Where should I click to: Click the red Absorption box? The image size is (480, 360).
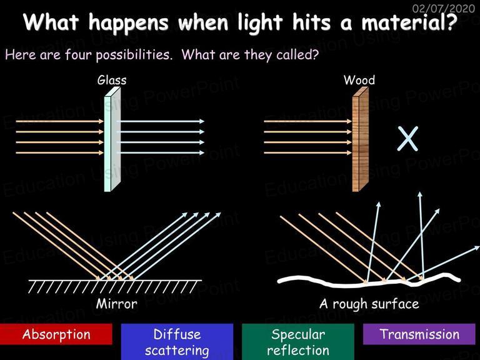pyautogui.click(x=56, y=334)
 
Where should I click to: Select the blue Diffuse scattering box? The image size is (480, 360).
pyautogui.click(x=177, y=342)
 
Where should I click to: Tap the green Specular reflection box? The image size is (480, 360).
pyautogui.click(x=298, y=342)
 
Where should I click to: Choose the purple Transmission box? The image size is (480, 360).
pyautogui.click(x=419, y=334)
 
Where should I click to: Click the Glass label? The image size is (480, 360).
pyautogui.click(x=112, y=80)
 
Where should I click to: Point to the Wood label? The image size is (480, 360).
pyautogui.click(x=359, y=80)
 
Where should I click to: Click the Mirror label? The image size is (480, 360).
pyautogui.click(x=117, y=304)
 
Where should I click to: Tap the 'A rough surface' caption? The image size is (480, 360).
pyautogui.click(x=369, y=304)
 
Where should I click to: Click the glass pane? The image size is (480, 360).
pyautogui.click(x=112, y=139)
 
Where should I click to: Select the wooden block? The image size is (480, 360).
pyautogui.click(x=360, y=139)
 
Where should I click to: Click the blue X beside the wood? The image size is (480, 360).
pyautogui.click(x=407, y=139)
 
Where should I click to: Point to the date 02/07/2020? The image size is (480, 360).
pyautogui.click(x=444, y=8)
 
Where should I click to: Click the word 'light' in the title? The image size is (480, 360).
pyautogui.click(x=260, y=22)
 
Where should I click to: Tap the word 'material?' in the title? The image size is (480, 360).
pyautogui.click(x=409, y=22)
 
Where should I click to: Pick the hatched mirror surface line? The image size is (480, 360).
pyautogui.click(x=115, y=286)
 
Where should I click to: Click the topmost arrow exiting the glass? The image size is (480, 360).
pyautogui.click(x=161, y=121)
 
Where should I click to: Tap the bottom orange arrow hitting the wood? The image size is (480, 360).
pyautogui.click(x=307, y=152)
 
